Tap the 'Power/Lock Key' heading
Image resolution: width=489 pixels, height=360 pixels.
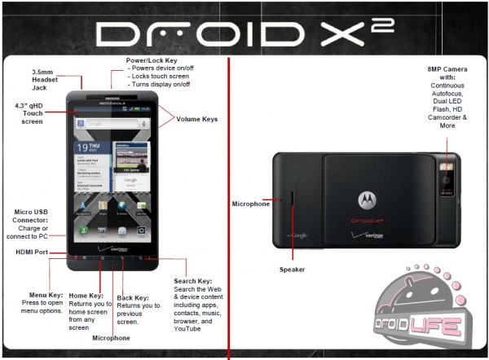click(x=153, y=59)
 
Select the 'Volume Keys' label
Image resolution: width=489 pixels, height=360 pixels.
click(x=196, y=119)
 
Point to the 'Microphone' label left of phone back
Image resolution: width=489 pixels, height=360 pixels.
click(x=250, y=204)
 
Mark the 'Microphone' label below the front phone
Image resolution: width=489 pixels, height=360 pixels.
click(x=111, y=337)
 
